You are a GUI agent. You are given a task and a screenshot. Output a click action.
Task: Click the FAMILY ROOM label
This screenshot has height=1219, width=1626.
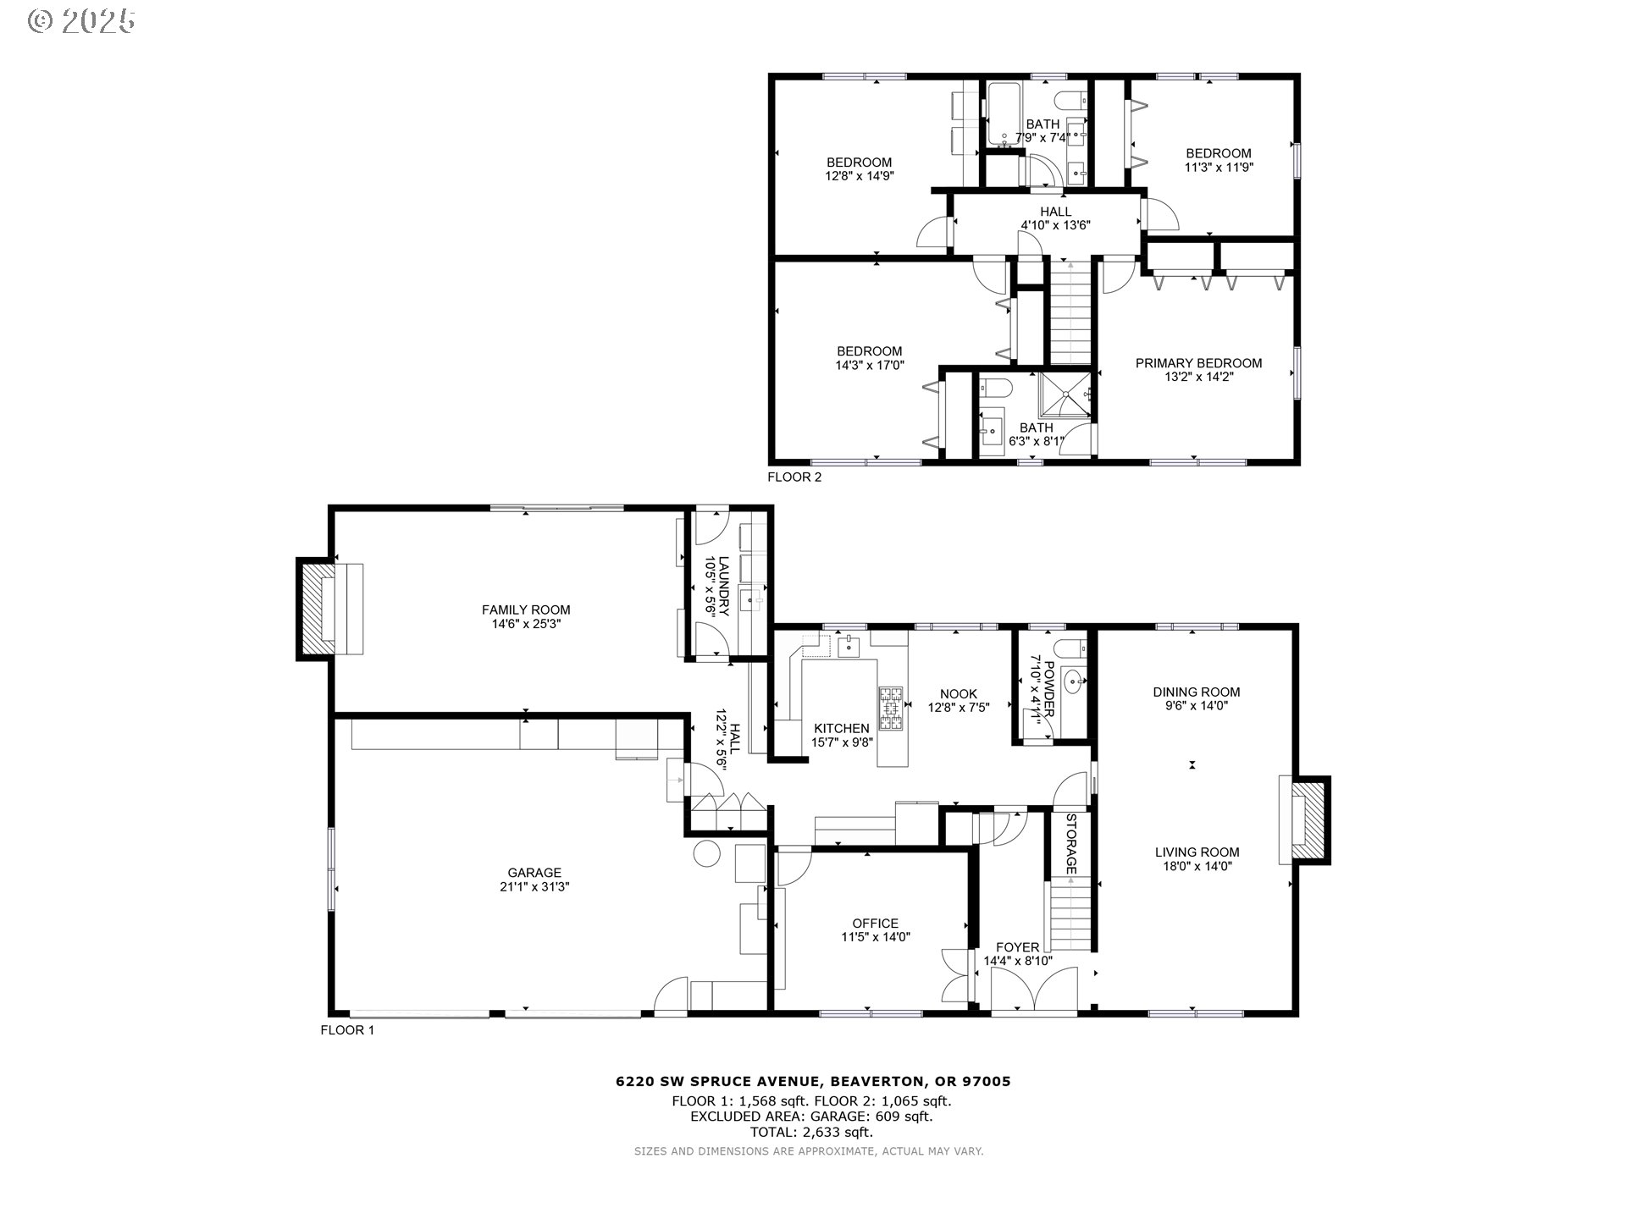(x=525, y=609)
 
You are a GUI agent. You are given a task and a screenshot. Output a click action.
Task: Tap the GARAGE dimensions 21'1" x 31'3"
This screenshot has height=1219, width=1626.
(x=534, y=887)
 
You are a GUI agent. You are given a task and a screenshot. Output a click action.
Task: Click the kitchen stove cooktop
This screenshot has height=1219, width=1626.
(x=891, y=708)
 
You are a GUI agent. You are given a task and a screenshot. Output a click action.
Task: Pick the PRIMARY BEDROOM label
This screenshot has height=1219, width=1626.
(x=1198, y=363)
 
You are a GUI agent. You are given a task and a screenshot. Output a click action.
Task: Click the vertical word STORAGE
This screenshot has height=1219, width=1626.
(x=1070, y=844)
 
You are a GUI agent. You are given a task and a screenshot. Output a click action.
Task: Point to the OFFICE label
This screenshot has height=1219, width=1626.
(x=875, y=924)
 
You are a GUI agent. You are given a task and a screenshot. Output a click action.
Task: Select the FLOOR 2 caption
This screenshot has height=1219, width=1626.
(x=794, y=477)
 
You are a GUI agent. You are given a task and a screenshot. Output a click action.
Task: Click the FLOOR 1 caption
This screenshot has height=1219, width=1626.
(x=346, y=1030)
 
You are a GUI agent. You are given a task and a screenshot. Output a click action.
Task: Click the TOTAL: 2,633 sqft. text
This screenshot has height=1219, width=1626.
(x=811, y=1132)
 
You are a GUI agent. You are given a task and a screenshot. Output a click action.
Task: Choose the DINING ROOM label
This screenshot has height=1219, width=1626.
(x=1196, y=692)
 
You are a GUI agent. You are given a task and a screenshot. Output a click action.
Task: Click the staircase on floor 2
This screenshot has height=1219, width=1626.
(x=1071, y=313)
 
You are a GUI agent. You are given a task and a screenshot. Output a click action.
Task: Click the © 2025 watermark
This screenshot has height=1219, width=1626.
(x=81, y=21)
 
